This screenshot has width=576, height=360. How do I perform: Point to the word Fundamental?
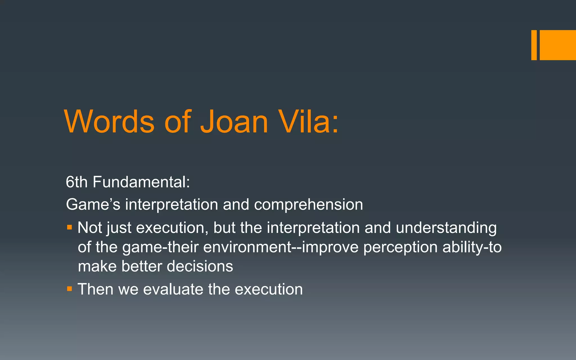click(x=141, y=182)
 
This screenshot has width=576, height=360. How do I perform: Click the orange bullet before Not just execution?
click(x=69, y=227)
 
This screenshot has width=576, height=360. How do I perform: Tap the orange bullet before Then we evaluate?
click(x=69, y=289)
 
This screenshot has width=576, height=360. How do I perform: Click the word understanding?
click(x=446, y=228)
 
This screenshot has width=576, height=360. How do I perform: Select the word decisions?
click(x=200, y=266)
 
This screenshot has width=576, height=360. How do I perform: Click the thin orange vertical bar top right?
click(x=534, y=45)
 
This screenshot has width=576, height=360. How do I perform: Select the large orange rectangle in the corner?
click(x=558, y=45)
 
